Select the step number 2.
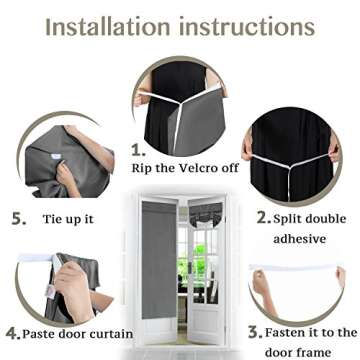[263, 217]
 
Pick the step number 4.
[12, 333]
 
